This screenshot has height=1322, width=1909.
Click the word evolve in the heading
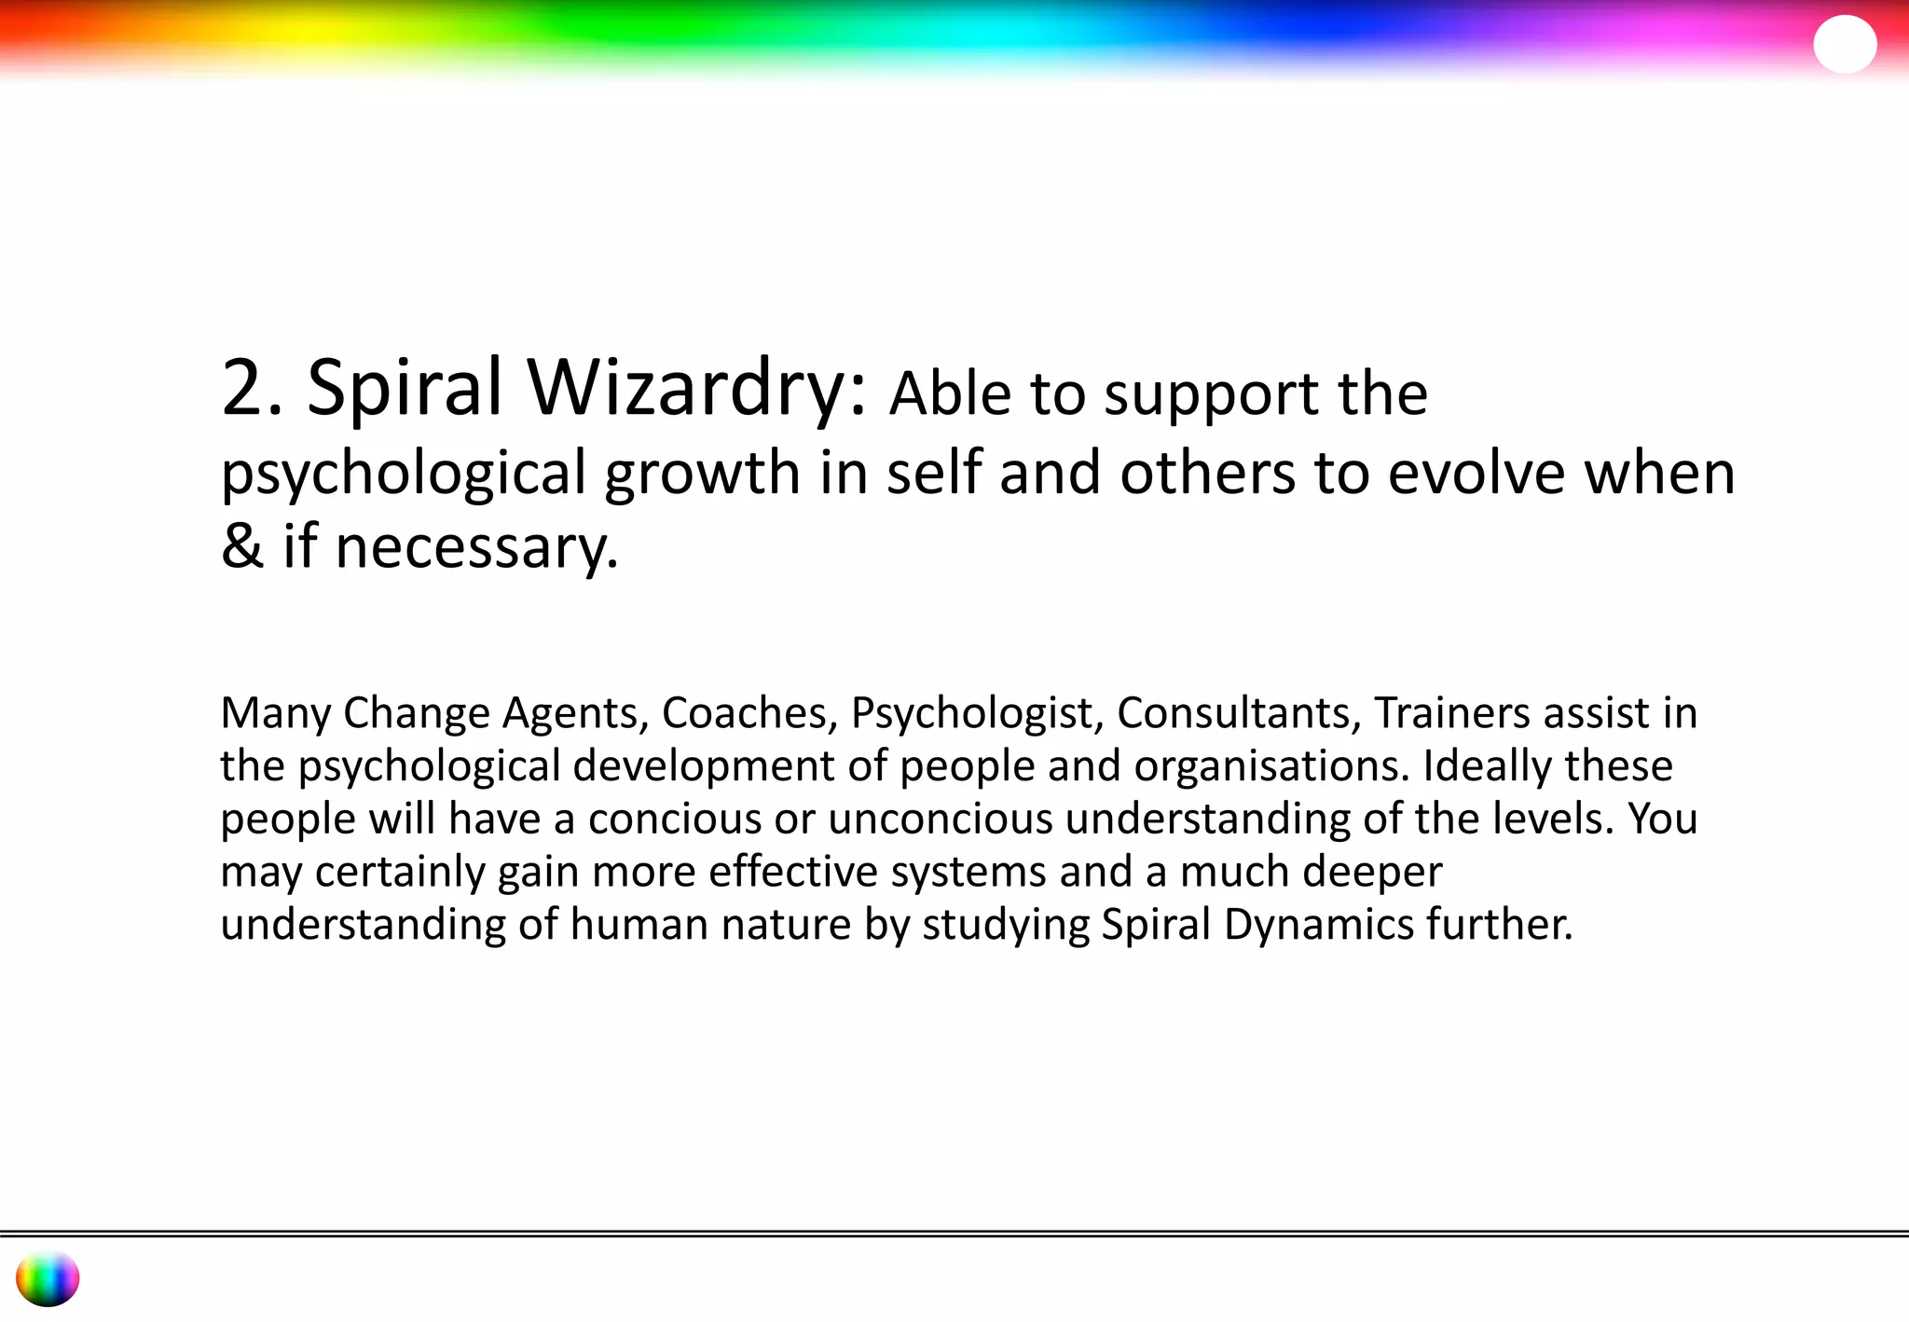tap(1476, 473)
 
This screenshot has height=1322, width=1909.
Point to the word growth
tap(702, 473)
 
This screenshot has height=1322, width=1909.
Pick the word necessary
tap(475, 547)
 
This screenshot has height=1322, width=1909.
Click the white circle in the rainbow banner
tap(1844, 44)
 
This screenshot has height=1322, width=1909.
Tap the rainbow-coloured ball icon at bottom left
tap(48, 1278)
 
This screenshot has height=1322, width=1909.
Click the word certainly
tap(400, 873)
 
